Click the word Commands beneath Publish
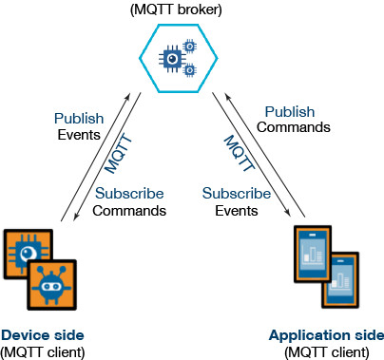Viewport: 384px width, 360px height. pyautogui.click(x=296, y=128)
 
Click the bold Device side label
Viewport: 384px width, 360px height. pyautogui.click(x=42, y=335)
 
